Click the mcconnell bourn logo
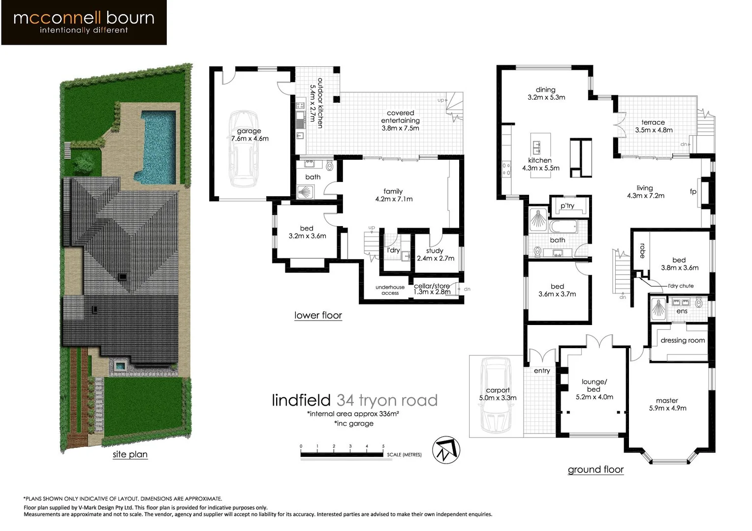tap(84, 23)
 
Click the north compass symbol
tap(446, 450)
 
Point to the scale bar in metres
tap(342, 454)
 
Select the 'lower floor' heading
tap(318, 315)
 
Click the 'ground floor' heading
tap(595, 470)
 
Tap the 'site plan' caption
tap(130, 454)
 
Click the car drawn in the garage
tap(244, 149)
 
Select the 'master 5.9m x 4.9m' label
tap(667, 404)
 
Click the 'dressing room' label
tap(683, 340)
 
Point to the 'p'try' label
tap(567, 206)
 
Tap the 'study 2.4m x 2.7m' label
tap(435, 254)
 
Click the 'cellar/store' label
tap(432, 286)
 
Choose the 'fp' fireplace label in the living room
tap(693, 191)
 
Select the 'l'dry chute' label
tap(681, 286)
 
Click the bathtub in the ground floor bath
tap(563, 227)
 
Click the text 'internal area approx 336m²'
tap(353, 414)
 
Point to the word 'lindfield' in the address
tap(301, 400)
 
